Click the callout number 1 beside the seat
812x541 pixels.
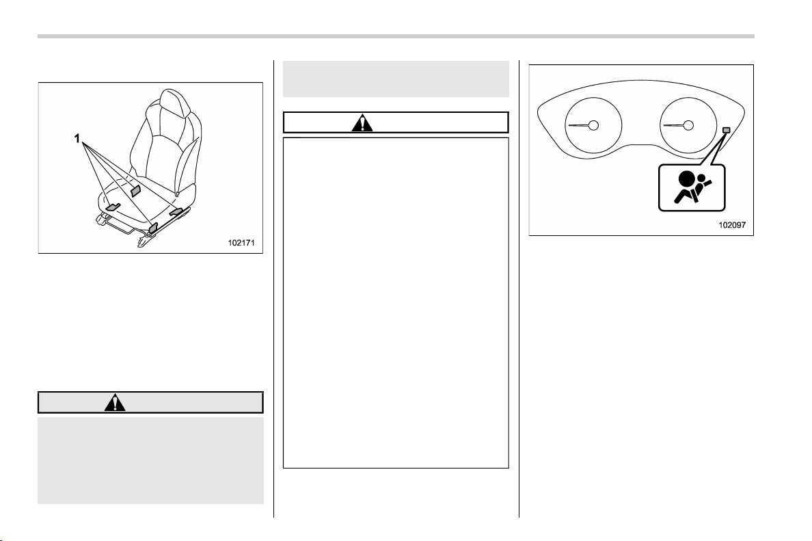coord(77,138)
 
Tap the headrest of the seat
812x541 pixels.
coord(171,102)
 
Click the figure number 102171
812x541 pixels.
coord(241,243)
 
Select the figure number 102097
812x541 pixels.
coord(732,225)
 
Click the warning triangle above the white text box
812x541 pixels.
coord(362,123)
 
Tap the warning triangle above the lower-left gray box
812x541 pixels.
coord(114,403)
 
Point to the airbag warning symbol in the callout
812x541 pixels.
coord(691,187)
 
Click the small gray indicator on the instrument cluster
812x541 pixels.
coord(726,129)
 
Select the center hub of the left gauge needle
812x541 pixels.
coord(593,125)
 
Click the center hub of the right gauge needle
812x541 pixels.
coord(689,125)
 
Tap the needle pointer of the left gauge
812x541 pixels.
coord(579,125)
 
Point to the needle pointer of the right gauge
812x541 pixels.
coord(674,125)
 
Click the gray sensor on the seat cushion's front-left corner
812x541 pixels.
coord(113,207)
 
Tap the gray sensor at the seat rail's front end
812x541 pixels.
coord(153,227)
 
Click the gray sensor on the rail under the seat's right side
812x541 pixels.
coord(176,211)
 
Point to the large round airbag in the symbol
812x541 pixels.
coord(687,179)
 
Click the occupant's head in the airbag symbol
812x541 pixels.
coord(702,179)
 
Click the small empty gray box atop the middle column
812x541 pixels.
coord(396,79)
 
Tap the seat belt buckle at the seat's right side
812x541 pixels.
coord(178,193)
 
